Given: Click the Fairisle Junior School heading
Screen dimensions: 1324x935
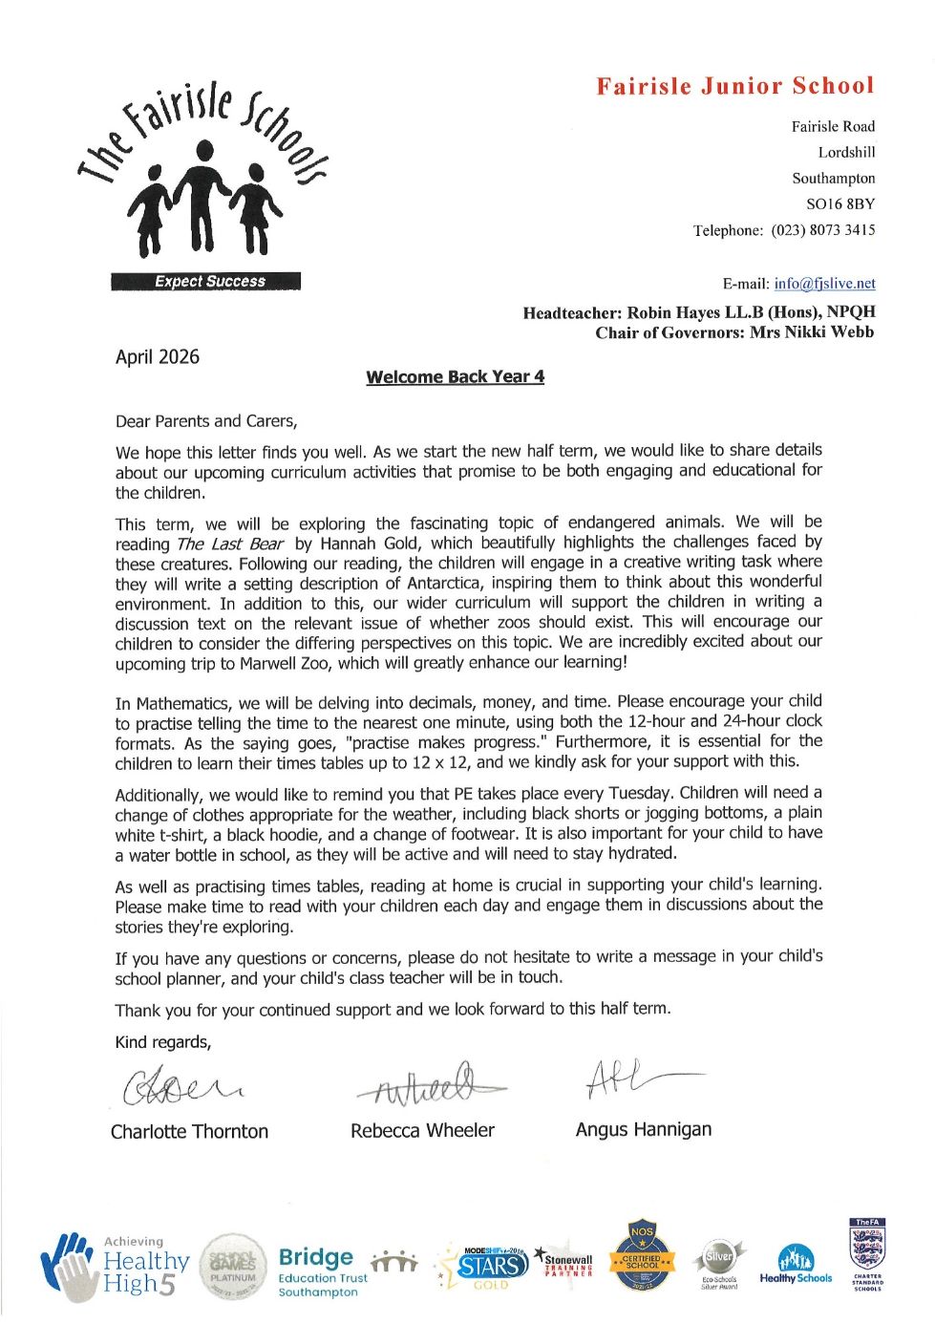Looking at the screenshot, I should click(735, 86).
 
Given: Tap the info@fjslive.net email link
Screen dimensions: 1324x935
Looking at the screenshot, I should click(824, 284).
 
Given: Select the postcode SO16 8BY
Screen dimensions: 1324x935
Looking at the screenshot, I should click(840, 204).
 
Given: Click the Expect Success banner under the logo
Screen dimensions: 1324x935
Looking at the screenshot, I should click(205, 281).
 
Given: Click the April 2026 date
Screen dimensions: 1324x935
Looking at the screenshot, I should click(158, 357).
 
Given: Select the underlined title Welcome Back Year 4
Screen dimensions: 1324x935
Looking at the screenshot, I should click(455, 377).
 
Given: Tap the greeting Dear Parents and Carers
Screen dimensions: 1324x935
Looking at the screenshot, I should click(206, 421).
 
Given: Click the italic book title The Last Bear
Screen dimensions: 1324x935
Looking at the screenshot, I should click(230, 545).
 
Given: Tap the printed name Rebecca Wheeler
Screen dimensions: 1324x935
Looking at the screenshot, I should click(422, 1131).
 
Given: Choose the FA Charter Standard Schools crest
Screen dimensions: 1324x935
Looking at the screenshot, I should click(867, 1253).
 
